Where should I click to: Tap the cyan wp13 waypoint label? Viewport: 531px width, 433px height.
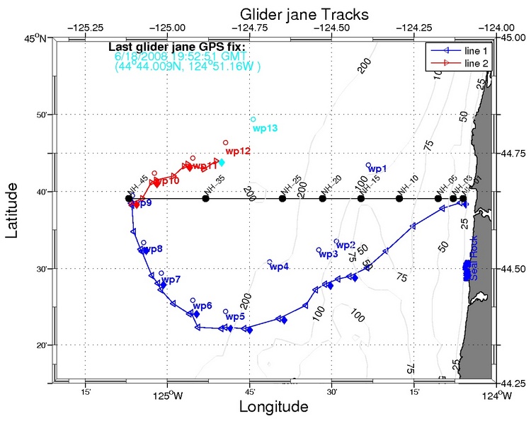[x=265, y=128]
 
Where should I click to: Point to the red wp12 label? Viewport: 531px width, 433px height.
[x=238, y=151]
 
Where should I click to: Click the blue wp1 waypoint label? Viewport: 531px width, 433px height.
[x=377, y=169]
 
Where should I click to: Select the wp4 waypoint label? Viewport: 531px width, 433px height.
[x=279, y=267]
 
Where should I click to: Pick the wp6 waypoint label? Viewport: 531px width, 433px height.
[x=202, y=306]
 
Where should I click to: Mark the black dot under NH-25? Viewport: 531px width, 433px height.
[x=282, y=199]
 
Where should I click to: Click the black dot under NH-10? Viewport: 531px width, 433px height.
[x=399, y=199]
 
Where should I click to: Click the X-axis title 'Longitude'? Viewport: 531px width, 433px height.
[x=273, y=408]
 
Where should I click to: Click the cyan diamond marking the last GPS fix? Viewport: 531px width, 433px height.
[x=222, y=162]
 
